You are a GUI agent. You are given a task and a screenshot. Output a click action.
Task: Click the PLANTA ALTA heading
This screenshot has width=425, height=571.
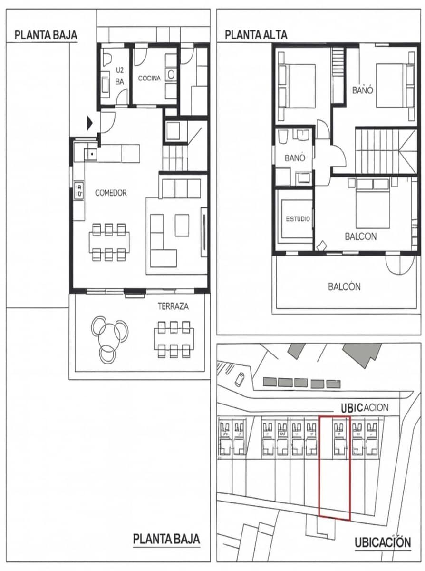pos(256,35)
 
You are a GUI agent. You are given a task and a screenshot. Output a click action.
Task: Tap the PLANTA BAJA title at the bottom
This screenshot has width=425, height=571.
pos(166,539)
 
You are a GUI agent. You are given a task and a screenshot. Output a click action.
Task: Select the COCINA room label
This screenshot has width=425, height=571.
pos(149,78)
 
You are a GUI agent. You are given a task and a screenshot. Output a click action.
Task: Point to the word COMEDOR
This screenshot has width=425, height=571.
pos(111,193)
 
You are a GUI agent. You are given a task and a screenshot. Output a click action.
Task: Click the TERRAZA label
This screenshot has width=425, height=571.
pos(173,306)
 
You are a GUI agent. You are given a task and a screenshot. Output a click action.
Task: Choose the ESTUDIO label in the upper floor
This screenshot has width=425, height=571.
pos(298,219)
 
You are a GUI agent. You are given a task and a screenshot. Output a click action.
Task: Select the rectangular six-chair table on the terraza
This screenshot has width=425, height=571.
pos(174,338)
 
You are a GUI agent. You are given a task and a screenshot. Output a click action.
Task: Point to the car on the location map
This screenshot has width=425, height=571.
pos(241,379)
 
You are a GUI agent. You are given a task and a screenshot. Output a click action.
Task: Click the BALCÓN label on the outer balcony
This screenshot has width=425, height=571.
pos(344,287)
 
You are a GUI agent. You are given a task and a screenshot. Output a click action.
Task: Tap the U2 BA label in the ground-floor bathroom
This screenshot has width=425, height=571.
pos(119,76)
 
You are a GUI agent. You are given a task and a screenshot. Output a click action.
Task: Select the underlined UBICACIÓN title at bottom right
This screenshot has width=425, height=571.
pos(382,542)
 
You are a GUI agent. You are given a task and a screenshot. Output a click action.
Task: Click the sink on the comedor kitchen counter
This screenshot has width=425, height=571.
pos(90,154)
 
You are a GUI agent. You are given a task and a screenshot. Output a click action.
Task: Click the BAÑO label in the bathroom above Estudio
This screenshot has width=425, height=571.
pos(295,158)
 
